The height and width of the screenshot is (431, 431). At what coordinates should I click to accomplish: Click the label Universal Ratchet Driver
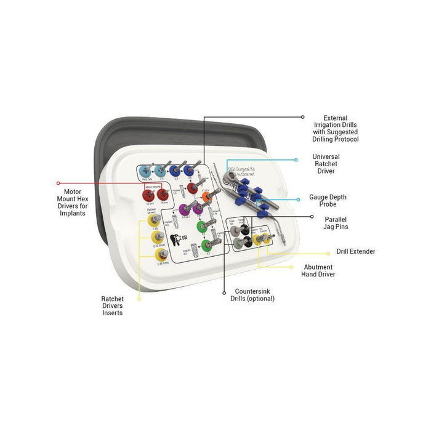(x=326, y=164)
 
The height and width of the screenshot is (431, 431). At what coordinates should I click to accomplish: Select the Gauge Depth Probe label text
(x=328, y=200)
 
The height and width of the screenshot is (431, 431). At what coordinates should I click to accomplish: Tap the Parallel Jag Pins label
(x=335, y=222)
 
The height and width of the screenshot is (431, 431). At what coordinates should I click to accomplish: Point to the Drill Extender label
(x=356, y=251)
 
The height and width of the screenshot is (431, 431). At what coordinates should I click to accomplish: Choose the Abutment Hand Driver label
(x=319, y=270)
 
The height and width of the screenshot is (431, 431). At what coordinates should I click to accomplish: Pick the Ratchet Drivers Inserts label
(x=113, y=305)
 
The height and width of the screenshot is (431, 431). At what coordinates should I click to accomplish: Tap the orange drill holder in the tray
(x=206, y=198)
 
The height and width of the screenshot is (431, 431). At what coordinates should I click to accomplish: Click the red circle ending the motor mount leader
(x=58, y=183)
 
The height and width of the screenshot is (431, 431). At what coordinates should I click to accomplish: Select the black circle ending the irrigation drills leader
(x=302, y=116)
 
